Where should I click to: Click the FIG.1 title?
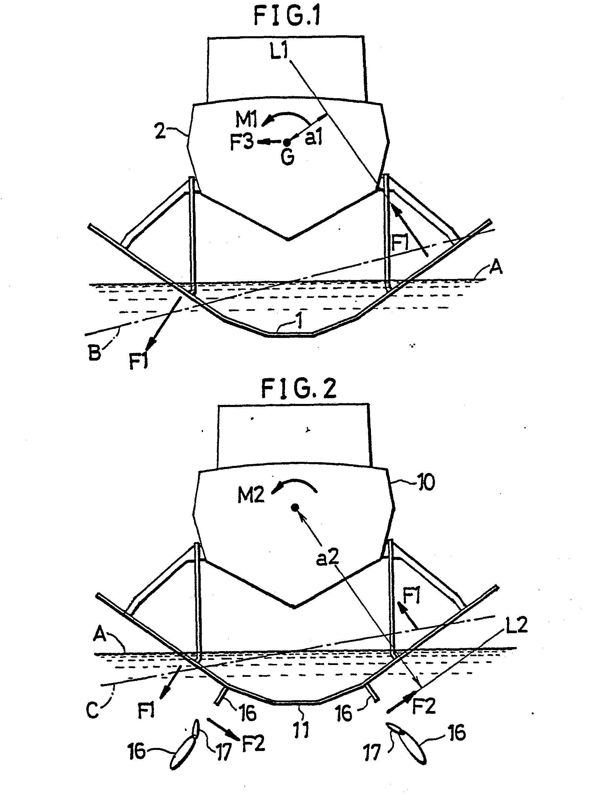pos(287,16)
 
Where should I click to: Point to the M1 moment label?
pos(246,119)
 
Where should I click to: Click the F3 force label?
pos(241,143)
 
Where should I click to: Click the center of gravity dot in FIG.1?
pos(287,143)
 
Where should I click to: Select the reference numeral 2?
pos(161,132)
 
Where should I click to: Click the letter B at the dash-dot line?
pos(94,352)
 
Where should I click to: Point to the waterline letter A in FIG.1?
pos(496,267)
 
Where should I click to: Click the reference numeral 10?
pos(425,482)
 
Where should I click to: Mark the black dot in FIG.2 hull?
pos(295,507)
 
